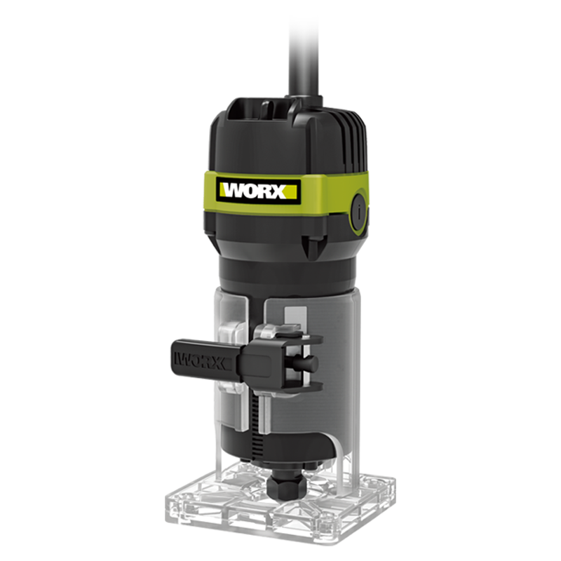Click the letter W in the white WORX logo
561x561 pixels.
click(x=234, y=191)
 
